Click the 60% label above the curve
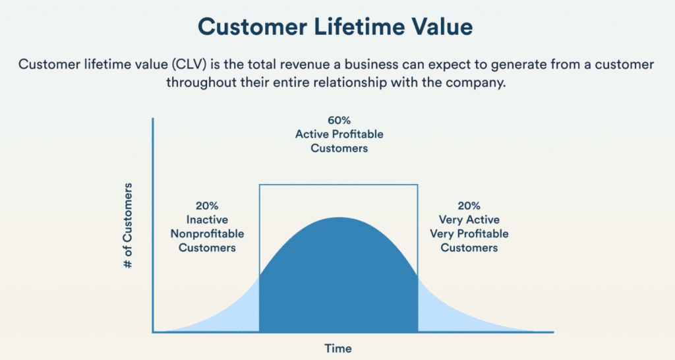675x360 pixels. pos(339,121)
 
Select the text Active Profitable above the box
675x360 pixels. pos(339,135)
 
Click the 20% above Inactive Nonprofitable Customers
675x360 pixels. pos(202,206)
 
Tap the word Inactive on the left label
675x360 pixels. pos(202,220)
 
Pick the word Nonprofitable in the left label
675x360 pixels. pos(202,234)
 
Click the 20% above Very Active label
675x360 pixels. pos(469,206)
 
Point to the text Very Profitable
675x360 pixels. pos(469,234)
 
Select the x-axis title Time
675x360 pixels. pos(337,348)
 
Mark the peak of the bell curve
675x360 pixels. pos(339,218)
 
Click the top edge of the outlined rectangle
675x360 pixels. pos(339,185)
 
